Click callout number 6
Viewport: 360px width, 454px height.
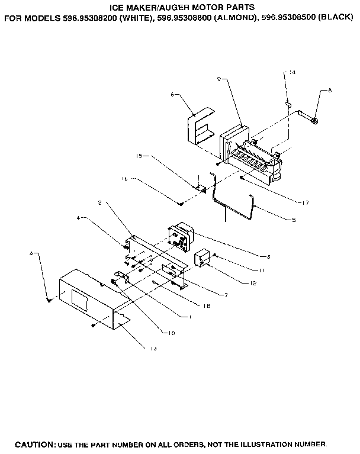(x=172, y=94)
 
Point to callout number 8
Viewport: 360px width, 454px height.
(x=330, y=91)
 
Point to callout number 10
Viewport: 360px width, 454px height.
(x=171, y=333)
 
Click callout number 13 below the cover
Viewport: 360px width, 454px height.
(x=153, y=349)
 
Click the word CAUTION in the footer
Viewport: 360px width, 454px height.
(x=34, y=444)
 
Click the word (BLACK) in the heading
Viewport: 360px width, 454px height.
(x=335, y=18)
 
